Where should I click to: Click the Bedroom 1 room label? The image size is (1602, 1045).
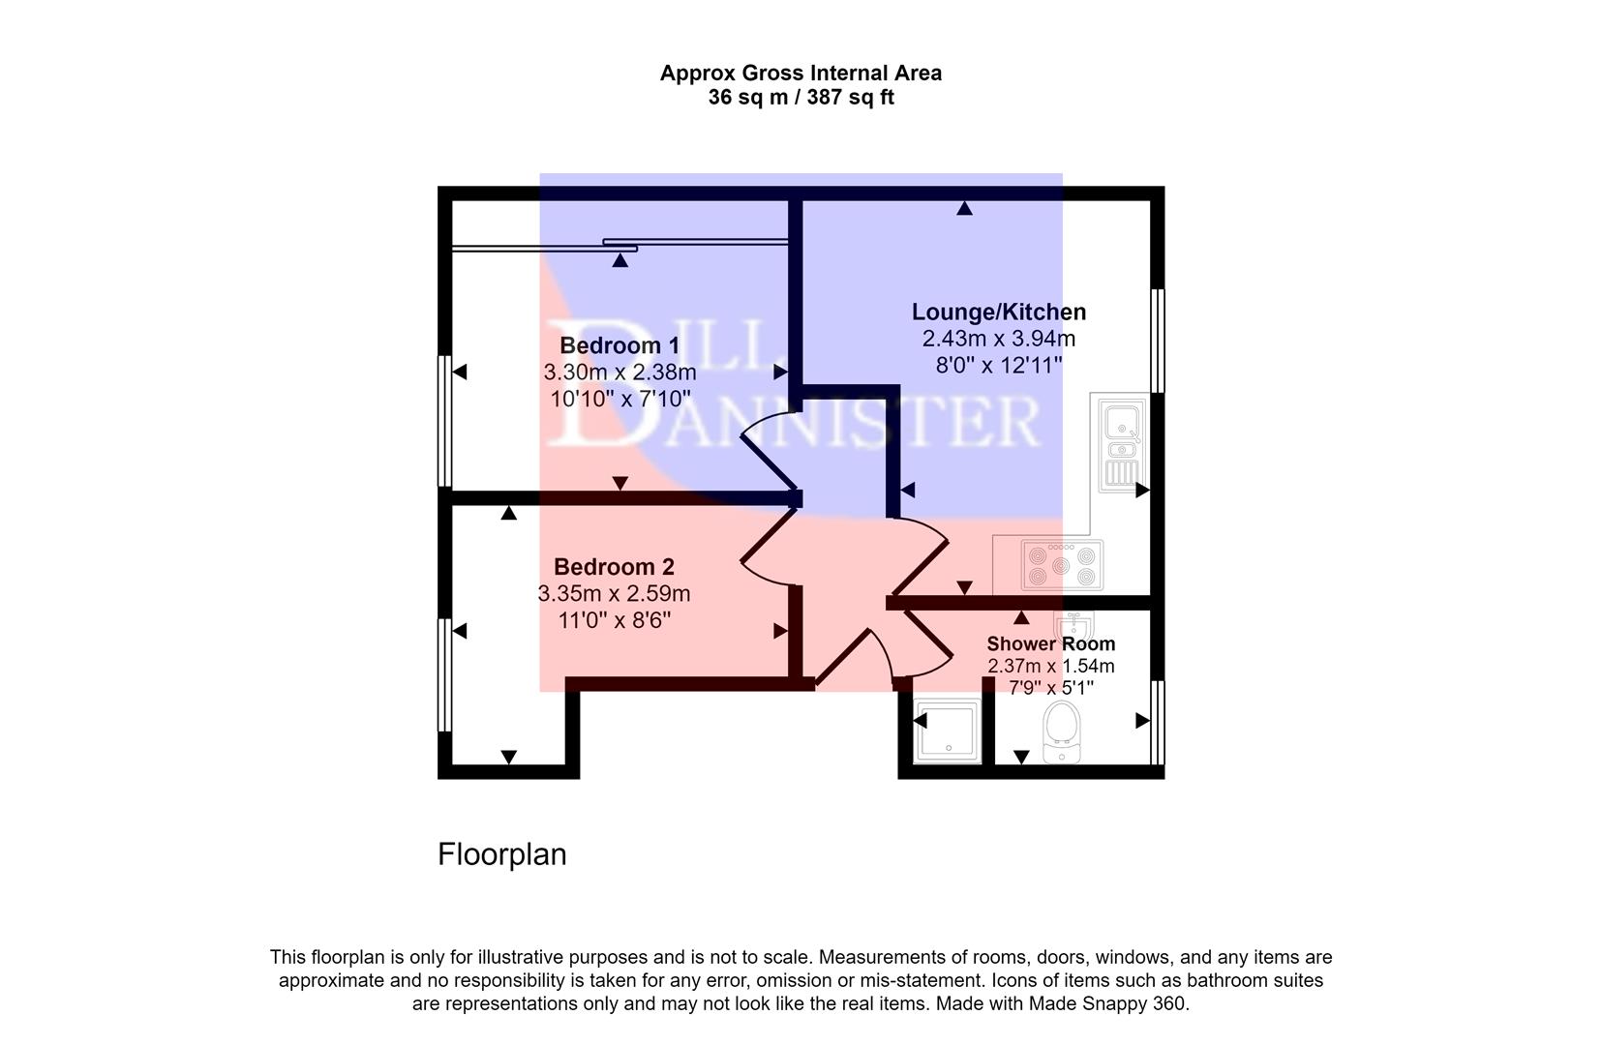620,345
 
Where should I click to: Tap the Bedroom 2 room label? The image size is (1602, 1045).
614,567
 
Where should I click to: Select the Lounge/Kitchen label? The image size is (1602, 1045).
999,312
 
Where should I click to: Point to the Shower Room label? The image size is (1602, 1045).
1051,643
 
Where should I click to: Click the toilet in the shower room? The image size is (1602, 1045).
1062,732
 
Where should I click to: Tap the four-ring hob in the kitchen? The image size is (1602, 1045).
1061,566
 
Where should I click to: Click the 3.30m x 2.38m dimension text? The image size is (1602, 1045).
620,373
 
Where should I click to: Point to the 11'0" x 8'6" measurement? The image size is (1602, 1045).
614,620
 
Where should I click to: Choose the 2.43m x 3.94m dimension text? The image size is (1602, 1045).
999,339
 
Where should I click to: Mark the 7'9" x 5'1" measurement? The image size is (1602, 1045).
1051,688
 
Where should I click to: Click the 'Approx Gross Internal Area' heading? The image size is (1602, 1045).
801,73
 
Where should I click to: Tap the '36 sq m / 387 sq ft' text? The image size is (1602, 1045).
801,98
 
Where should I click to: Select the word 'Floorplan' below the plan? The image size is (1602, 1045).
501,854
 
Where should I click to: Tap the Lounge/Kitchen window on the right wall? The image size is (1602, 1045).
1158,340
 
